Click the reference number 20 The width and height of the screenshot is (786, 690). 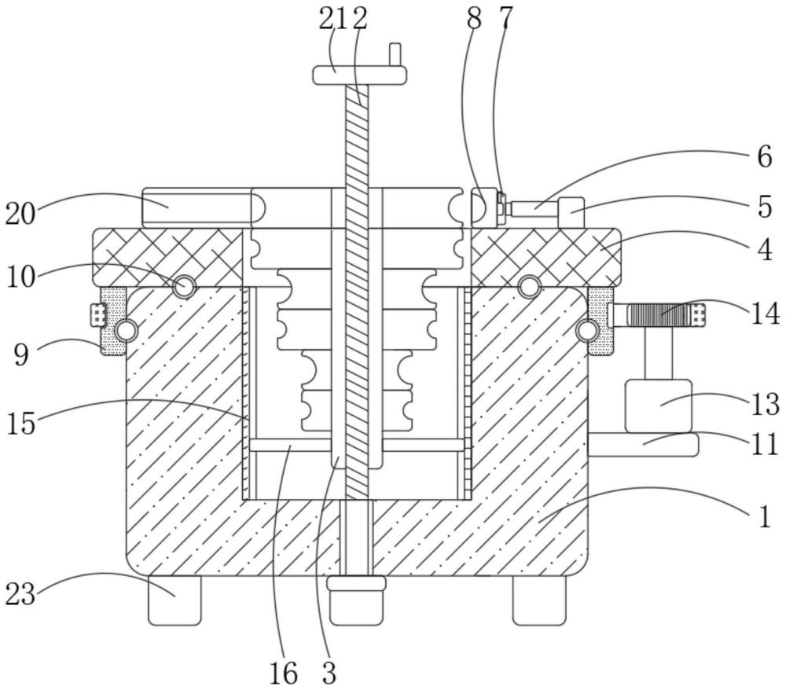20,215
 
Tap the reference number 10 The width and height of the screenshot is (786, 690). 21,277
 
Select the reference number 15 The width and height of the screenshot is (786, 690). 21,423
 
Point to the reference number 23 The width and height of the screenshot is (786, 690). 20,595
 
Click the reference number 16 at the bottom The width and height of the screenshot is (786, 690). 284,673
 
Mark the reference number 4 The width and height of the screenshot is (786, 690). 765,250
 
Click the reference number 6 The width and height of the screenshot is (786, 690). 765,157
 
